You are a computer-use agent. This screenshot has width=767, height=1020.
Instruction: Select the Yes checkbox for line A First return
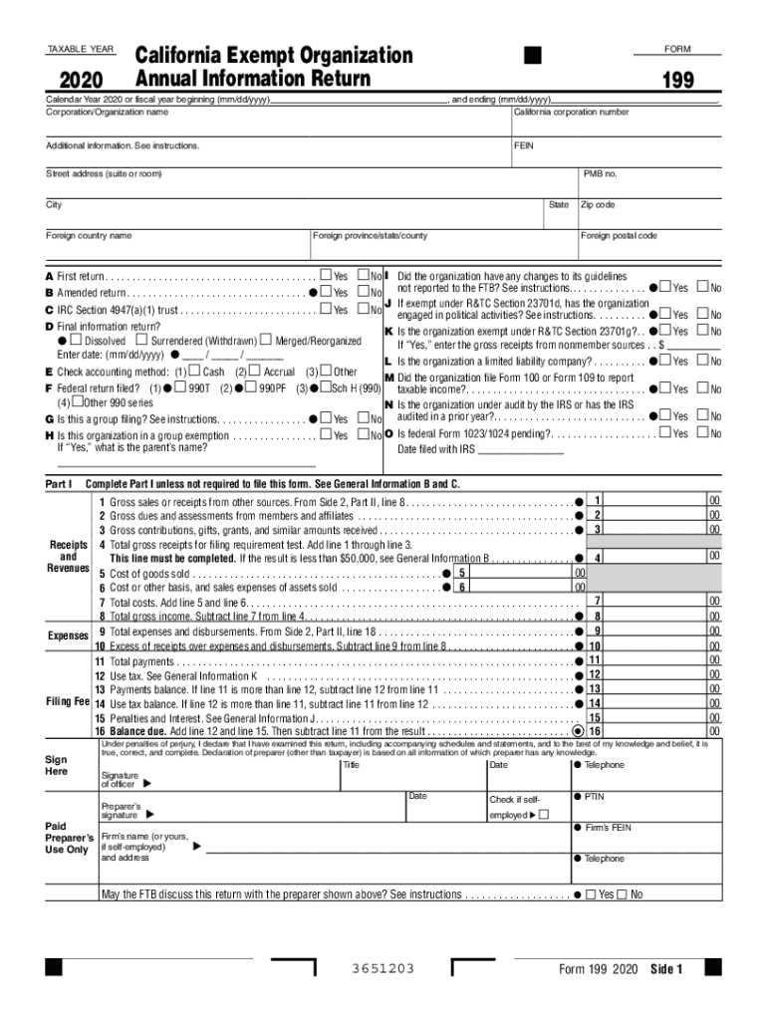326,276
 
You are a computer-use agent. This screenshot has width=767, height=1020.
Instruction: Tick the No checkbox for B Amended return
364,293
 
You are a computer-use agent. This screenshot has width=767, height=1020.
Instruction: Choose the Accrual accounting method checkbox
254,372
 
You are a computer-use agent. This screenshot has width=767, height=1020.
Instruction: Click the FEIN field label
524,145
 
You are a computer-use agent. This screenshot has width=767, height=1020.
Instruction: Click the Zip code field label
598,204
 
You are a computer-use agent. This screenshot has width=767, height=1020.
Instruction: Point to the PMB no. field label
601,174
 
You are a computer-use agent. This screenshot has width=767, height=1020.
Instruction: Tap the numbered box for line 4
597,558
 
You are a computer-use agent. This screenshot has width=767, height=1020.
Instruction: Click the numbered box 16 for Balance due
595,730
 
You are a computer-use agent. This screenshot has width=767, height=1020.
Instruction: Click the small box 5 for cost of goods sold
462,574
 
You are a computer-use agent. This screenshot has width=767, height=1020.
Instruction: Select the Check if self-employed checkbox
544,816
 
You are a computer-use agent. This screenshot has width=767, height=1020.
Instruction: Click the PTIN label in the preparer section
594,797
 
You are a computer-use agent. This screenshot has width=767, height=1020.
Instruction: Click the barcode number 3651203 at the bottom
383,969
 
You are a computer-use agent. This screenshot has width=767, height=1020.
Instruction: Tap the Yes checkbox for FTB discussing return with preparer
591,894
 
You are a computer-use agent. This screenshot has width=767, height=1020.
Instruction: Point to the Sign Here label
57,765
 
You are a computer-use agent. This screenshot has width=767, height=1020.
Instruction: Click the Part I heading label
59,483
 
